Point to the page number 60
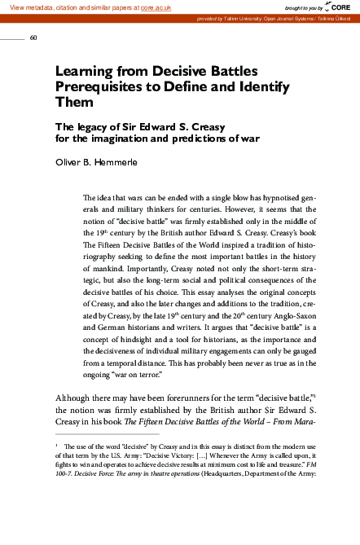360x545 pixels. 33,37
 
